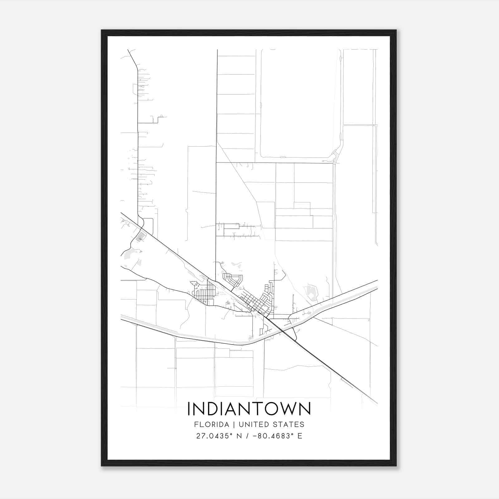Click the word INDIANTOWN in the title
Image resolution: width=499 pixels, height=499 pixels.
249,409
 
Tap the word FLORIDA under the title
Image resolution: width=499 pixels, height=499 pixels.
211,424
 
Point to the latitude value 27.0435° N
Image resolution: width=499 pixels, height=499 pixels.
219,436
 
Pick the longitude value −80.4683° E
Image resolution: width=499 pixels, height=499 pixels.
278,436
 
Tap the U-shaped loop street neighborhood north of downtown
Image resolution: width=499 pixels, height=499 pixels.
232,279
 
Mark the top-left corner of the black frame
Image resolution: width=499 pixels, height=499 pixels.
102,31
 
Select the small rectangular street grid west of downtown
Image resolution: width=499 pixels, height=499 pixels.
204,293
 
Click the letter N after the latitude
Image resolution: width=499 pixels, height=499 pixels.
239,436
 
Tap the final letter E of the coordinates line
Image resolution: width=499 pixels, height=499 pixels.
300,436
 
